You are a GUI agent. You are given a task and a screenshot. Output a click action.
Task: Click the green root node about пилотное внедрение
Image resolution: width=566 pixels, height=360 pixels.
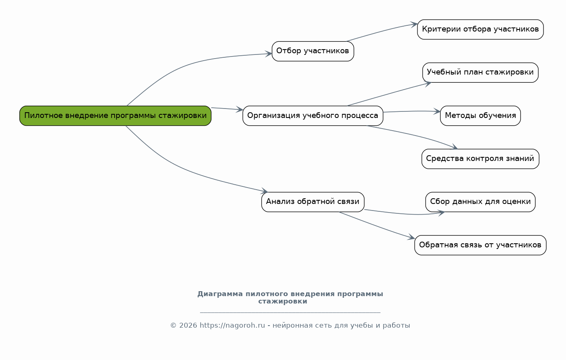coord(115,116)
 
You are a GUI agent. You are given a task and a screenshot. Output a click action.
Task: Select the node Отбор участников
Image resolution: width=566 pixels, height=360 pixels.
coord(313,51)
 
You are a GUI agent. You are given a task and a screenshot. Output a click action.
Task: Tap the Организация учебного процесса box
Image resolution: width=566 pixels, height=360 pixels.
coord(313,116)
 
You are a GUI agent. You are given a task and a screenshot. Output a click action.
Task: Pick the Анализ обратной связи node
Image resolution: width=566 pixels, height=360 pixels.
coord(313,202)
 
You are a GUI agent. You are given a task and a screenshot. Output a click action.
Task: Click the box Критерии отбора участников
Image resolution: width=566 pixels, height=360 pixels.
coord(480,29)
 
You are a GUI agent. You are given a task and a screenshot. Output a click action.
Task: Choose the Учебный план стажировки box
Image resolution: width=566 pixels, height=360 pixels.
coord(480,72)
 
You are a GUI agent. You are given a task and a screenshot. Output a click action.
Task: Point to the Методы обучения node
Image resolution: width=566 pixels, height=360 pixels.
coord(480,116)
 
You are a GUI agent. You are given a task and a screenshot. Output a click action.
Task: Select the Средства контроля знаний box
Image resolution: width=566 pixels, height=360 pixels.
coord(480,159)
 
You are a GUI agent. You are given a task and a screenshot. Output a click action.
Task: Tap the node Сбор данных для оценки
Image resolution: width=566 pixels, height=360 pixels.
coord(480,202)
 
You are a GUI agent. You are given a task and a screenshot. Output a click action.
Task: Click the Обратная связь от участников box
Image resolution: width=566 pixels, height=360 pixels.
coord(480,245)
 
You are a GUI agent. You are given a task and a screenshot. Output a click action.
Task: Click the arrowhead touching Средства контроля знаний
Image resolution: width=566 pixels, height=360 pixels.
coord(454,147)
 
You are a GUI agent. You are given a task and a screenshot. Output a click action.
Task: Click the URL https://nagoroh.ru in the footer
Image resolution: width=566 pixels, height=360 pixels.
coord(232,326)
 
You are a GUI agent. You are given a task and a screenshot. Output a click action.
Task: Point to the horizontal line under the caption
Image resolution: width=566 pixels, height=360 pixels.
coord(290,312)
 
